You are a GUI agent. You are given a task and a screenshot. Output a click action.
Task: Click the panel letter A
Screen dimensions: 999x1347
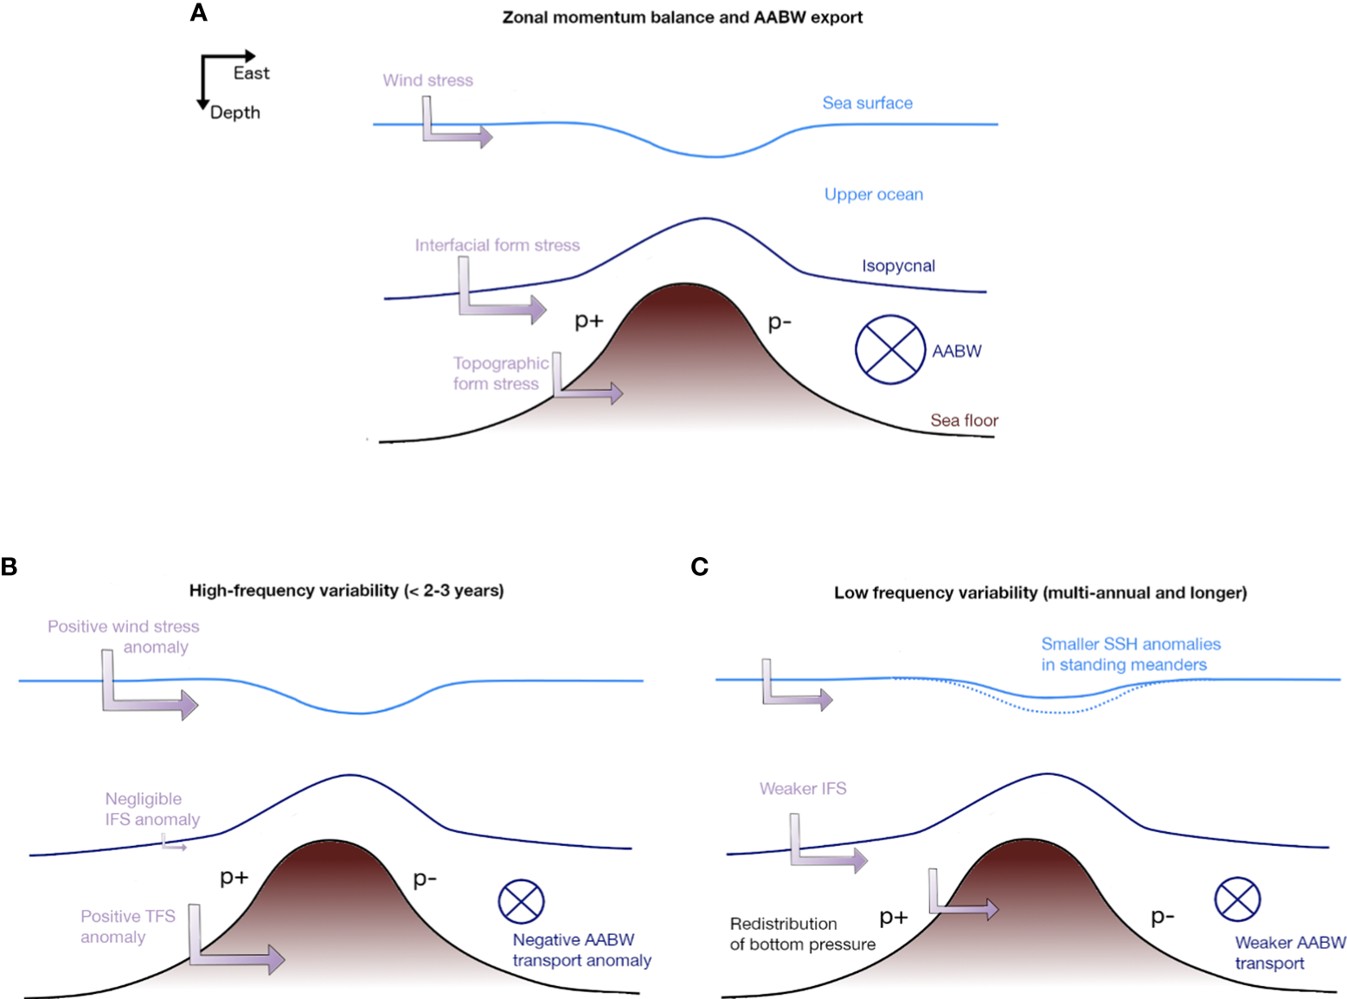[x=198, y=13]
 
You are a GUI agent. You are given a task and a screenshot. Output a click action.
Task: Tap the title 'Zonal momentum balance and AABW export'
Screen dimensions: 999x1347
[x=682, y=17]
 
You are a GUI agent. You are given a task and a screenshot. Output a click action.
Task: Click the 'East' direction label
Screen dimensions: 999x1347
[x=251, y=74]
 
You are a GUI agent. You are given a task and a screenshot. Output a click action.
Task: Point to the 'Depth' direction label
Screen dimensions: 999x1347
[x=234, y=112]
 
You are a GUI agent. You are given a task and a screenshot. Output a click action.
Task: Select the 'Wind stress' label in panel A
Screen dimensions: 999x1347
[x=427, y=80]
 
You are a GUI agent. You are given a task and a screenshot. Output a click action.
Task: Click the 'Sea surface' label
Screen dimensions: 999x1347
[x=867, y=103]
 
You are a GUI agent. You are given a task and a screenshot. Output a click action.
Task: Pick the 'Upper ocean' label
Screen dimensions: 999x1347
[x=873, y=195]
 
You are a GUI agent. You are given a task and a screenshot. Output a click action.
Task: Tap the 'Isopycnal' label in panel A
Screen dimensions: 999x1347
[x=898, y=266]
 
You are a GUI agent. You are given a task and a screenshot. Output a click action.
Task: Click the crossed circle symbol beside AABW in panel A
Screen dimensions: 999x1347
[x=889, y=349]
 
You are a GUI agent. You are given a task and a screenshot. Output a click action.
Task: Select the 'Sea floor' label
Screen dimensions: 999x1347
[x=964, y=420]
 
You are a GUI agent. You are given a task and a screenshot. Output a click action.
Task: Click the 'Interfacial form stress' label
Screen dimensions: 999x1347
[x=497, y=246]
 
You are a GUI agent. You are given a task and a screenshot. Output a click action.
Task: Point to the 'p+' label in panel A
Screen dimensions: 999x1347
[x=588, y=321]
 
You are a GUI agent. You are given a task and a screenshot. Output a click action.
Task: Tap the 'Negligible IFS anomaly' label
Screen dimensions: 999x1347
[x=152, y=809]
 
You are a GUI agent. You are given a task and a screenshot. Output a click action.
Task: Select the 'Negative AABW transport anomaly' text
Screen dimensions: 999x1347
[x=581, y=950]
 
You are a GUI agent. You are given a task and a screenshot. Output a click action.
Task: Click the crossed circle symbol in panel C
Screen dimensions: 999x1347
[x=1237, y=899]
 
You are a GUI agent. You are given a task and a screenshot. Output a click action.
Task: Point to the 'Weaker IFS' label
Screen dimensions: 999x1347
[x=802, y=789]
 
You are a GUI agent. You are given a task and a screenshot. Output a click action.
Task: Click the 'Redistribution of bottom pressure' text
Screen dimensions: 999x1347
[x=802, y=934]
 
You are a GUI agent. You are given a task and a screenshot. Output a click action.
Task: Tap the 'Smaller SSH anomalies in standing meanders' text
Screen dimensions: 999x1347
[x=1129, y=655]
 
